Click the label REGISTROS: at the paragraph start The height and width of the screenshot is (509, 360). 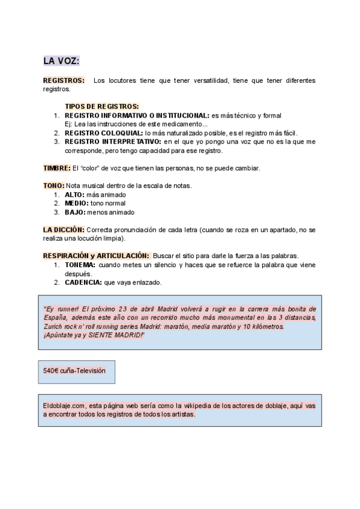[x=63, y=80]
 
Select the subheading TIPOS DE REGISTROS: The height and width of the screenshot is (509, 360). [x=101, y=106]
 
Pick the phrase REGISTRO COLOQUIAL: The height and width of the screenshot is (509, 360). [x=103, y=133]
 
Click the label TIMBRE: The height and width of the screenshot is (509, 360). [x=56, y=167]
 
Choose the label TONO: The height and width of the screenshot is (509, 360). [x=53, y=185]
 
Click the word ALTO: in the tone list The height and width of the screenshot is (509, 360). [x=75, y=194]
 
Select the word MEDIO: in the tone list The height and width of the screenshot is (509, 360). [x=77, y=203]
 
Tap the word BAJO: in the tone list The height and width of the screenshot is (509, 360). [x=75, y=212]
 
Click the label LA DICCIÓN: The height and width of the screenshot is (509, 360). [x=64, y=230]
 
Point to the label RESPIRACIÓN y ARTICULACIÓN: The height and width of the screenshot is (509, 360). [x=95, y=256]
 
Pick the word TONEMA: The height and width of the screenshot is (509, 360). [x=80, y=265]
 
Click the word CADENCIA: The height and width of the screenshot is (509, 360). [x=83, y=282]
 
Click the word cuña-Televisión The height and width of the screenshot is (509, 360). [x=83, y=371]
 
